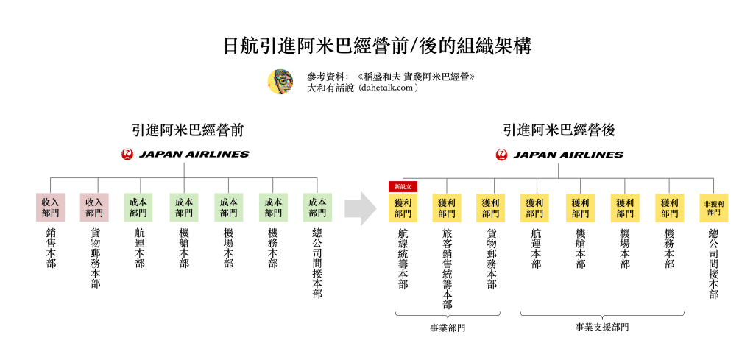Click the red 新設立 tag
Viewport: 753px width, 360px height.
click(403, 187)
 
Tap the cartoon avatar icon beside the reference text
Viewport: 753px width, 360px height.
click(280, 82)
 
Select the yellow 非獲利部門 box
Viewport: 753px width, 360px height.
click(713, 208)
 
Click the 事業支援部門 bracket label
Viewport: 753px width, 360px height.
click(602, 327)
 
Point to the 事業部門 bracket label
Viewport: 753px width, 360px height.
click(448, 328)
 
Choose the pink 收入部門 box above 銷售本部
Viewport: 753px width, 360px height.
click(50, 208)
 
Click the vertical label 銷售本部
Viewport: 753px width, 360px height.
click(50, 247)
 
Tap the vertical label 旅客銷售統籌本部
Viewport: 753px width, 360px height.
click(447, 269)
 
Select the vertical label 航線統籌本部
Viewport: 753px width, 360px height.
click(403, 258)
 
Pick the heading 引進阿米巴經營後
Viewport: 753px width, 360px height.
click(559, 130)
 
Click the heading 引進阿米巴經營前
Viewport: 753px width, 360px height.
click(184, 130)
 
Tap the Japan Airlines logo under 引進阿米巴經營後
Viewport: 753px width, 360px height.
click(559, 155)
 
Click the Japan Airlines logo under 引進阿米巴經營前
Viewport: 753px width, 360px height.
click(185, 155)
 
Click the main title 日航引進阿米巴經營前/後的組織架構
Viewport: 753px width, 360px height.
click(377, 46)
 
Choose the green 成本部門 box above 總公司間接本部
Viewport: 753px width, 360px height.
click(317, 208)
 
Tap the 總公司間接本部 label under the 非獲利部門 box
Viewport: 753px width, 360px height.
click(713, 264)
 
